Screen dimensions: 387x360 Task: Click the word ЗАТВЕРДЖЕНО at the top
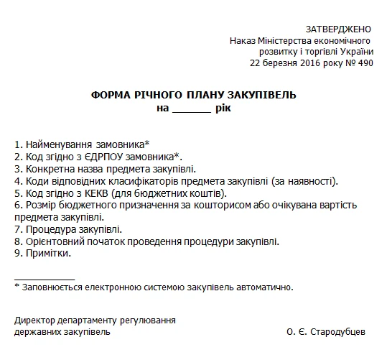(x=339, y=29)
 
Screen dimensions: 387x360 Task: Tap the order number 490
(x=365, y=63)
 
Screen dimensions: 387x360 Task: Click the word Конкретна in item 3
(x=48, y=168)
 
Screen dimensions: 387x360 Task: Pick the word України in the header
(x=355, y=52)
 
